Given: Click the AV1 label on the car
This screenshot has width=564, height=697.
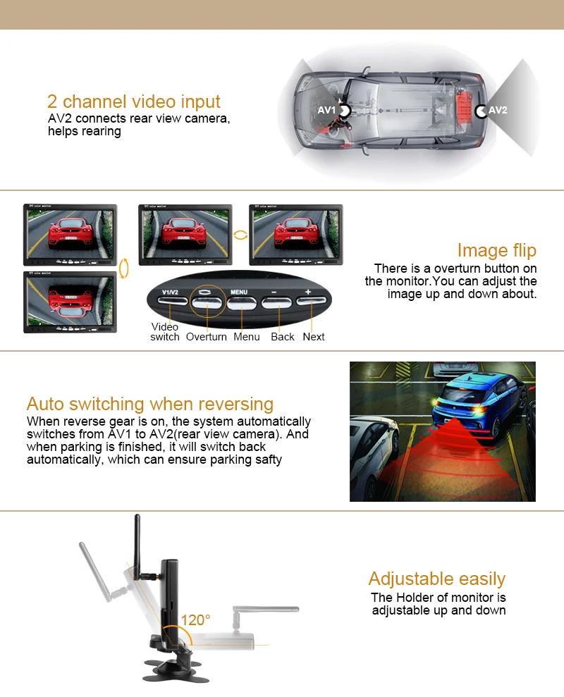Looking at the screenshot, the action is [326, 110].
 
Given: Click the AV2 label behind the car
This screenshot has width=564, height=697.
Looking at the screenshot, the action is [498, 110].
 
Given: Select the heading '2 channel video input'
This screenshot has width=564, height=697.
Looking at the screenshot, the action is [133, 101].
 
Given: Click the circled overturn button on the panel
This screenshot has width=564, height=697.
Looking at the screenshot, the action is [207, 303].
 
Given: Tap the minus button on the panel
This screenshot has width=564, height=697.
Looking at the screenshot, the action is [276, 303].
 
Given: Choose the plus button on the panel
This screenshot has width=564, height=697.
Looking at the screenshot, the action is [311, 301].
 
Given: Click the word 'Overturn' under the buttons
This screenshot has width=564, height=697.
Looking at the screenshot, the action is [207, 337].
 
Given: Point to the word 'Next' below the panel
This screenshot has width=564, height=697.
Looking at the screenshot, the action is [314, 337].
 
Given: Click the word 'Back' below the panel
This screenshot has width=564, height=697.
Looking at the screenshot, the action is [283, 337].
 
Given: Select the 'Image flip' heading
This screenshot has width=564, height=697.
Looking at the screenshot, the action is [497, 251].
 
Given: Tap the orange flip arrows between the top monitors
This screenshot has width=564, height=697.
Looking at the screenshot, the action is [240, 235].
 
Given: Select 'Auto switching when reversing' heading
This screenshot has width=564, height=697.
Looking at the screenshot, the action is [150, 404].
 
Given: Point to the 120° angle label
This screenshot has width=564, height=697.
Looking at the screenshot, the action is [195, 619].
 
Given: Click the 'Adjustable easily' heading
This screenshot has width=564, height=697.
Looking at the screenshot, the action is [437, 579].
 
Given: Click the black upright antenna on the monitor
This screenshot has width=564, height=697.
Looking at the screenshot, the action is [137, 547].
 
